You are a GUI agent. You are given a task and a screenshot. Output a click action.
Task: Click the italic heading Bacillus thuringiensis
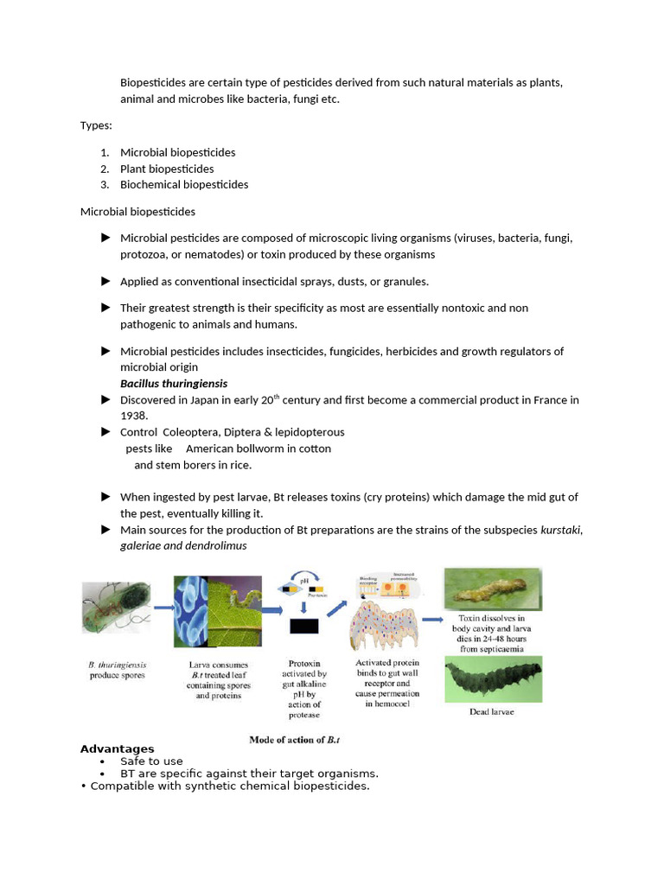174,383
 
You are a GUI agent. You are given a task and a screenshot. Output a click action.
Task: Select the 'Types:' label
96,125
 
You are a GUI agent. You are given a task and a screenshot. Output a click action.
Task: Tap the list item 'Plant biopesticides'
167,169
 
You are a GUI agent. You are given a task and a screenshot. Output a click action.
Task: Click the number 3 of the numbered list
104,184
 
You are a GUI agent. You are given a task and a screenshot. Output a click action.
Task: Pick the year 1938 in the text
134,416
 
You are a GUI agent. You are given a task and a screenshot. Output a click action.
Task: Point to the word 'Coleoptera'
190,432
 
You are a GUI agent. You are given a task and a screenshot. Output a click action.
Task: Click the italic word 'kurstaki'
560,530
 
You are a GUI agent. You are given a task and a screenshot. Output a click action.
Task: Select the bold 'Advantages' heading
117,748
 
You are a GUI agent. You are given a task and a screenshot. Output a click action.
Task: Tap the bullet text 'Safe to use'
151,761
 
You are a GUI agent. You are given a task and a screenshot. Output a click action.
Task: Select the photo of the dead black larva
492,678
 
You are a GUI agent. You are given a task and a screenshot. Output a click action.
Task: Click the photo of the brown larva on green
492,589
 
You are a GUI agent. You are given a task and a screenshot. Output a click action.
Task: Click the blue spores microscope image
192,612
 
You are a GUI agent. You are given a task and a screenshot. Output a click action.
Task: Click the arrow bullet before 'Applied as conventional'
105,281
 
